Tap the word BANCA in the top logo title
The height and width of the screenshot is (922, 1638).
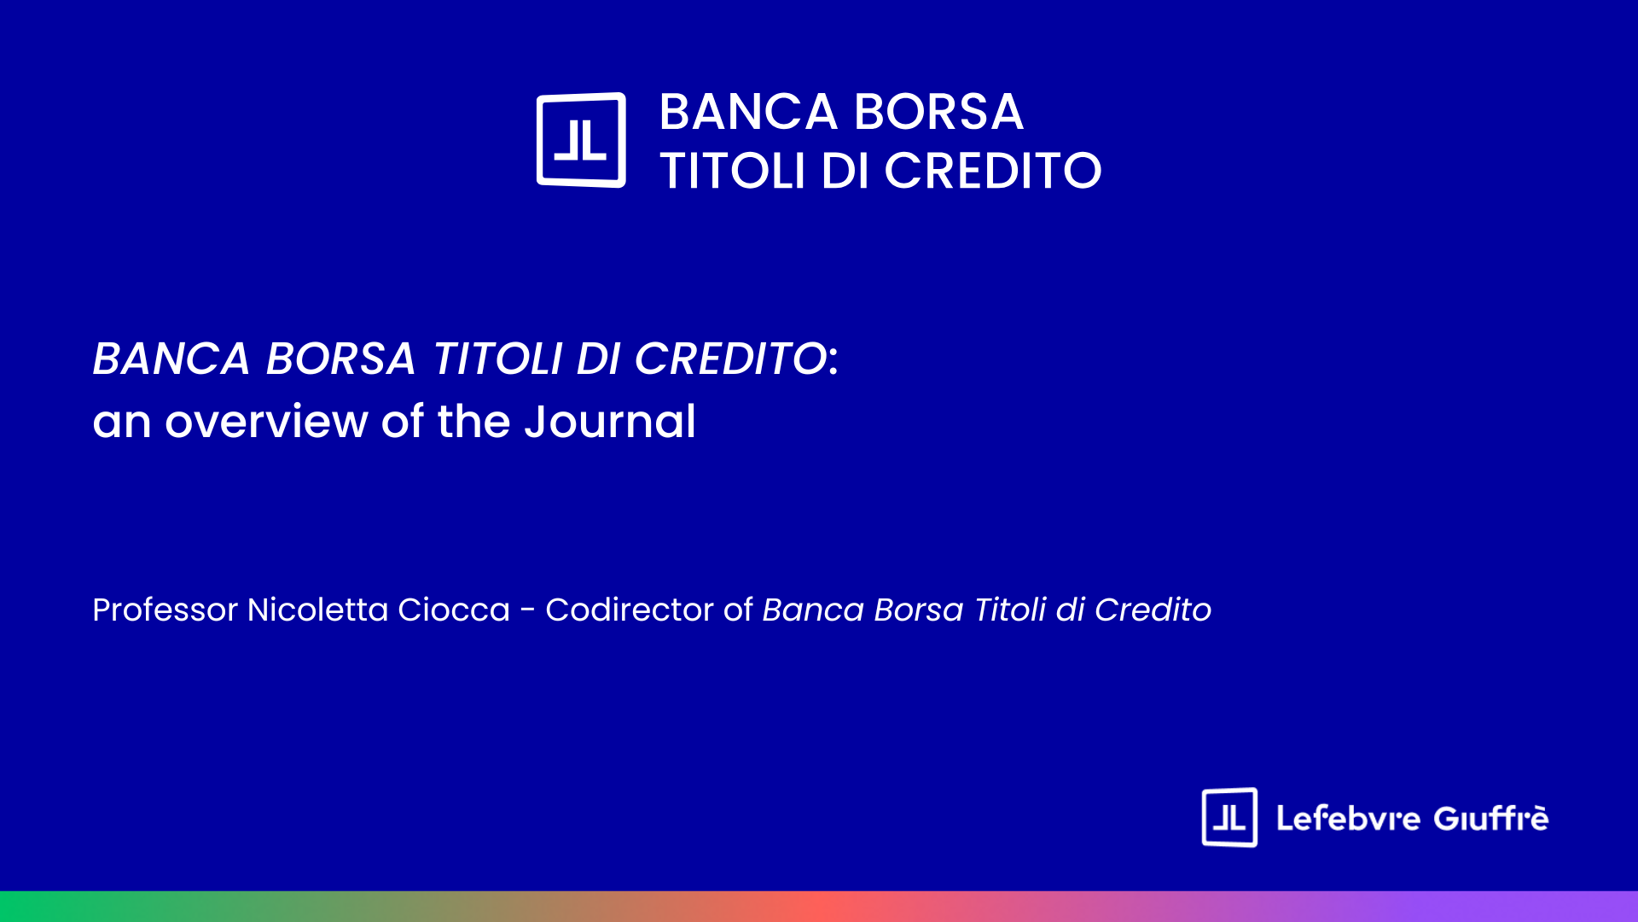point(748,112)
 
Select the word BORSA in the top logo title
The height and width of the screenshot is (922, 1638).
point(938,112)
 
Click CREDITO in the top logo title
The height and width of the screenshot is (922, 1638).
point(993,171)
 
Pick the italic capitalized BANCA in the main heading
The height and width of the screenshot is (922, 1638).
point(171,359)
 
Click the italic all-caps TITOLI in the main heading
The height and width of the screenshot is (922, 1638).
point(497,359)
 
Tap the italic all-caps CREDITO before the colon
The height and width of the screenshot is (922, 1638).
point(730,359)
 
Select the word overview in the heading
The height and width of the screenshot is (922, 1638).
point(266,422)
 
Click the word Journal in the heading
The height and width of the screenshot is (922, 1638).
point(610,421)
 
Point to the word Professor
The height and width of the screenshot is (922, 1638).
point(166,610)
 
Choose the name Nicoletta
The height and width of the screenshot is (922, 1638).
point(318,610)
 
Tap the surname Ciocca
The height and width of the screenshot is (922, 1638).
point(454,610)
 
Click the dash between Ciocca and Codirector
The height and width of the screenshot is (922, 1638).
point(528,611)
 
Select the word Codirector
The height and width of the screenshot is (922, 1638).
point(630,610)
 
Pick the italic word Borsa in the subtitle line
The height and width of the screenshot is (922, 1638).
point(919,610)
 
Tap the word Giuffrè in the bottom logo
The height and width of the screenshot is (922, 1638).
point(1491,818)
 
